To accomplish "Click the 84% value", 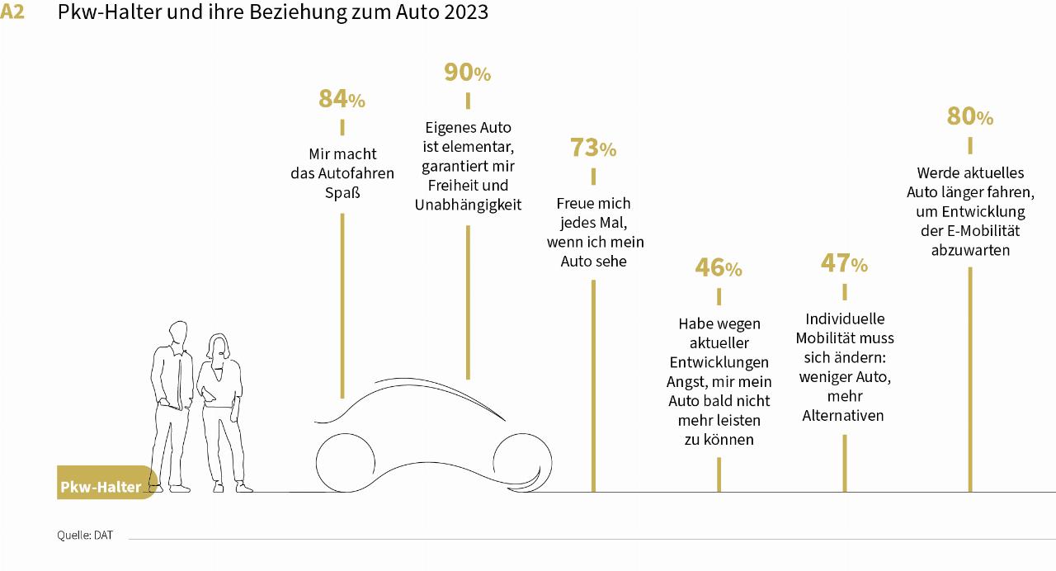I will coord(342,99).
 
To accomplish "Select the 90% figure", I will coord(467,73).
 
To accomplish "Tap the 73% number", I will coord(592,149).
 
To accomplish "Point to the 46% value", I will coord(718,268).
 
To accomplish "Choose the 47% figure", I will coord(844,264).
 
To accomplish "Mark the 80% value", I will coord(969,117).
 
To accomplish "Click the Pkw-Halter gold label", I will coord(101,487).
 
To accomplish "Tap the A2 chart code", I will coord(12,12).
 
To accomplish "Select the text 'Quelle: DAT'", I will coord(85,536).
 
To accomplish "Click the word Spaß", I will coord(342,193).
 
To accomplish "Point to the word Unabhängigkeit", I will coord(468,205).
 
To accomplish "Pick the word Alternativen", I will coord(843,416).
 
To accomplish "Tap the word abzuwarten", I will coord(970,250).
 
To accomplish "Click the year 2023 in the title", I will coord(464,12).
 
